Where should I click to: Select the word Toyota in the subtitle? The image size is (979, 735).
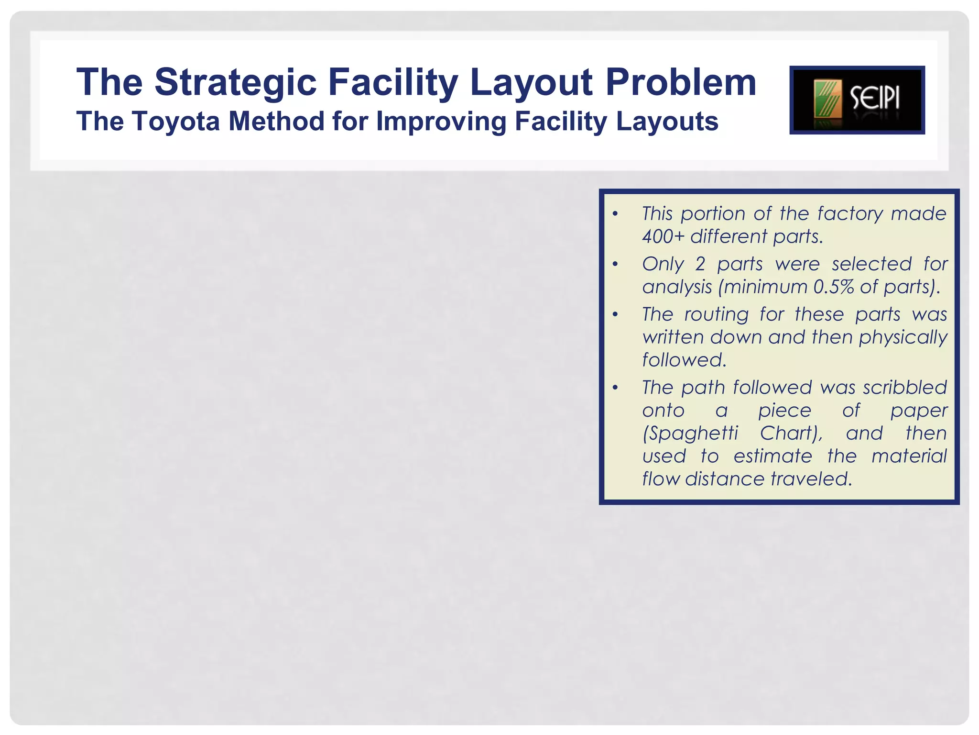click(176, 121)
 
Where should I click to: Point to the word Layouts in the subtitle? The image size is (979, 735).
click(667, 121)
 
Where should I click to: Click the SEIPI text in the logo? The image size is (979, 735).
click(875, 99)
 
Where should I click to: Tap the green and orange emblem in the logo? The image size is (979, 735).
click(827, 100)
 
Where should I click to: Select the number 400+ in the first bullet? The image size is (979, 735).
click(663, 236)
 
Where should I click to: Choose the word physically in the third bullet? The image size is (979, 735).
click(903, 337)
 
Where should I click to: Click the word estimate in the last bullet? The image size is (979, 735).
click(772, 456)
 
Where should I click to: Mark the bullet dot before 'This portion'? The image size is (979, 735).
click(615, 214)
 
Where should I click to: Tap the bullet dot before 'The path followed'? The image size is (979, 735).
click(615, 388)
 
